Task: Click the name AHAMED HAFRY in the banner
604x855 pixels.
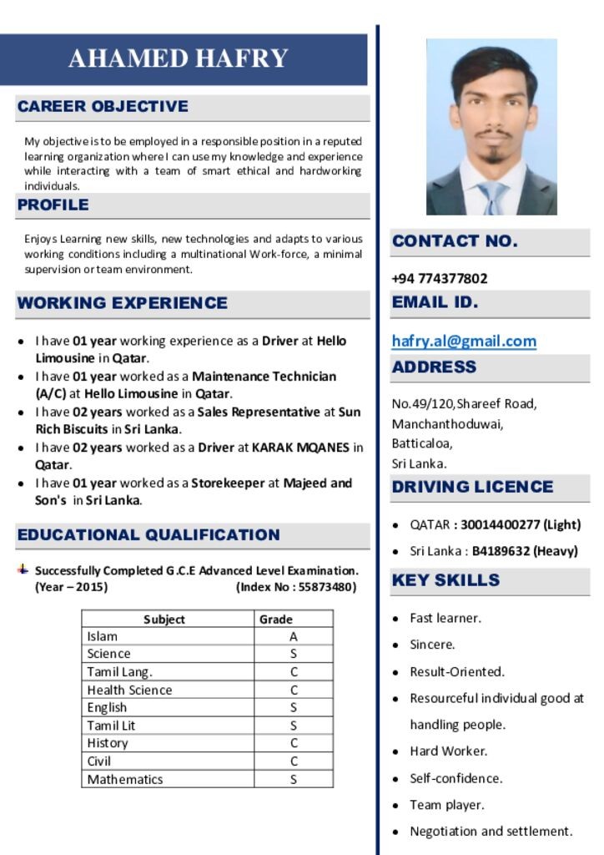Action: click(x=179, y=58)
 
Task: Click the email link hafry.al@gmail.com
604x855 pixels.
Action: click(x=464, y=341)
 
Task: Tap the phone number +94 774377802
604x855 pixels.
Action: click(x=440, y=278)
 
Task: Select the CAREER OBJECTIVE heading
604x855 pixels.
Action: click(x=103, y=106)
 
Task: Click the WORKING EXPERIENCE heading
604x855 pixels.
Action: click(x=122, y=303)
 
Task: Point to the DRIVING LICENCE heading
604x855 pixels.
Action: click(x=472, y=487)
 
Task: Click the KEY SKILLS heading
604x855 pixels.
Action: click(x=445, y=580)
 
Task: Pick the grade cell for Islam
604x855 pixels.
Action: click(x=293, y=636)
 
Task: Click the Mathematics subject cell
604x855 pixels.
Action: click(x=125, y=779)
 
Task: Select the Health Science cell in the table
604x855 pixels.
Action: click(x=129, y=690)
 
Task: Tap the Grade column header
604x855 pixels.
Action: click(x=276, y=619)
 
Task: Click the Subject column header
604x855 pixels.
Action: click(x=164, y=619)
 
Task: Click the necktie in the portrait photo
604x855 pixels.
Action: click(x=492, y=198)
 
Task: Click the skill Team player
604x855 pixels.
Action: click(x=446, y=805)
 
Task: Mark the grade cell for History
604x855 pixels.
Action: click(x=293, y=743)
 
